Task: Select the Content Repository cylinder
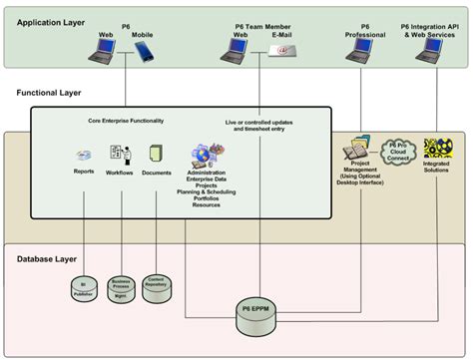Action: click(157, 283)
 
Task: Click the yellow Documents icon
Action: click(156, 155)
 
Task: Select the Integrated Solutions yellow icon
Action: click(437, 150)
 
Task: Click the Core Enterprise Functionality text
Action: click(126, 121)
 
